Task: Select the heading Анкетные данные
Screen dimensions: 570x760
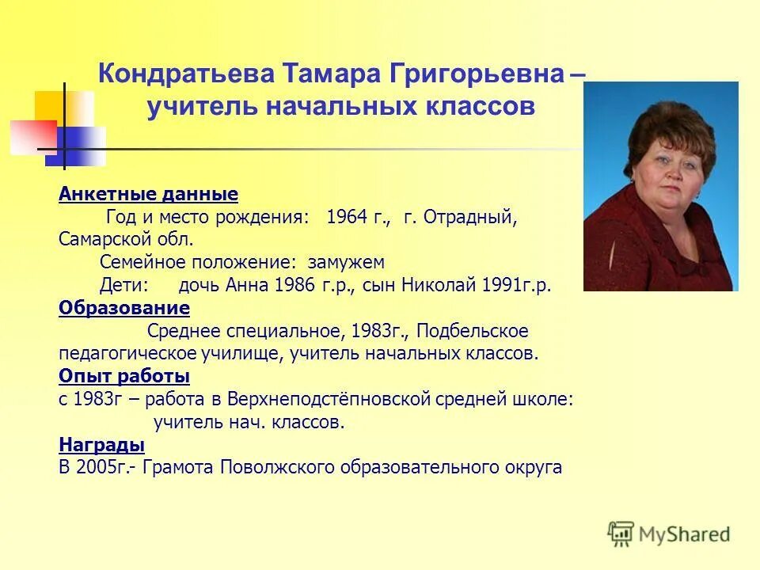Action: [x=148, y=194]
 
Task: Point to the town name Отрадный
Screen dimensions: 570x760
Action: [x=472, y=218]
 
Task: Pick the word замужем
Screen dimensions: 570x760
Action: [x=346, y=262]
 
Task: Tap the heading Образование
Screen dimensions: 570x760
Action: [x=124, y=307]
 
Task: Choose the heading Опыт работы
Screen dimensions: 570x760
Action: [x=124, y=375]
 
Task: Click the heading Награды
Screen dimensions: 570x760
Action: [x=101, y=444]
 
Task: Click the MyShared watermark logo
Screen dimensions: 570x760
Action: [x=669, y=534]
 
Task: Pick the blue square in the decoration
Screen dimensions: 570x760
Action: [x=79, y=147]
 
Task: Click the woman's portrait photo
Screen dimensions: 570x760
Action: [x=660, y=186]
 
